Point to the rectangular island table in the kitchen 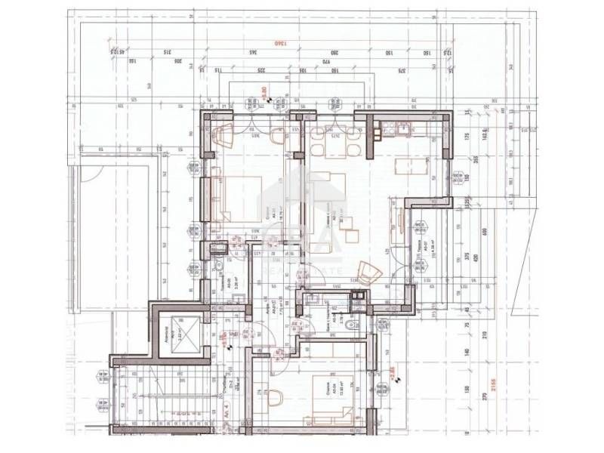pos(414,166)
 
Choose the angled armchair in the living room pos(369,271)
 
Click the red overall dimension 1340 pos(285,45)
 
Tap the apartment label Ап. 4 pos(226,414)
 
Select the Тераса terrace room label pos(419,246)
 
